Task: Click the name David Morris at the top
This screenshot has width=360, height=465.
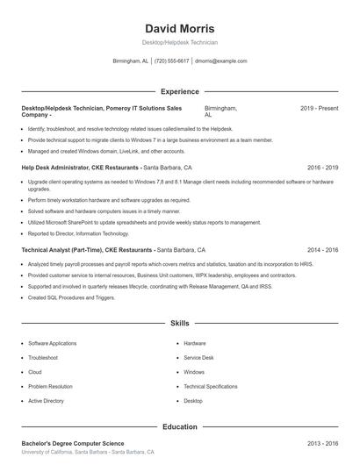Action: (179, 28)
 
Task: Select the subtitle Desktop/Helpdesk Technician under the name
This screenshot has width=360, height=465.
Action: (179, 42)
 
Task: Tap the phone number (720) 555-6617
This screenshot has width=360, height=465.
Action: (172, 61)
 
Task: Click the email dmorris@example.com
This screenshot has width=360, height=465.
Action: (220, 61)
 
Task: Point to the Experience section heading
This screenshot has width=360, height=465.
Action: (179, 91)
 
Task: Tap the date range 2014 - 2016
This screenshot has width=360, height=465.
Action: (322, 249)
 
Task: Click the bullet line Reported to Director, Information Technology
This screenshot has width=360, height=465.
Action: (78, 233)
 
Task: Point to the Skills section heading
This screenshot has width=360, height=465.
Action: (179, 324)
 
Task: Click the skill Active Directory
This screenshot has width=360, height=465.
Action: (46, 400)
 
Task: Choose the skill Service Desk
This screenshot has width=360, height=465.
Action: (198, 357)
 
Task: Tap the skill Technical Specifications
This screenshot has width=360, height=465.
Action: (210, 386)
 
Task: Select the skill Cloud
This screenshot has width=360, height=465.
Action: (36, 372)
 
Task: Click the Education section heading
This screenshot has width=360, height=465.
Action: (179, 427)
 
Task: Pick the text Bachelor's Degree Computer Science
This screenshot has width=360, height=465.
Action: (73, 444)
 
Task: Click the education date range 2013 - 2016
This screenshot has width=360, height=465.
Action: (322, 444)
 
